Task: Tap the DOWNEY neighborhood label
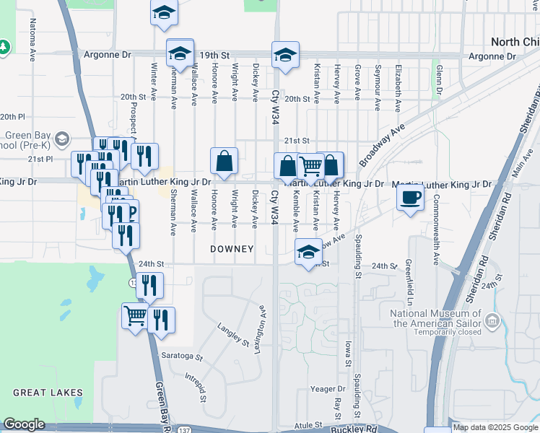click(232, 249)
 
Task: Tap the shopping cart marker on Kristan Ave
click(311, 165)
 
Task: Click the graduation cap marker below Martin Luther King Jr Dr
click(308, 253)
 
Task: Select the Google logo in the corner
click(24, 424)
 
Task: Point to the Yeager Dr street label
click(323, 389)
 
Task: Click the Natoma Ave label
click(33, 39)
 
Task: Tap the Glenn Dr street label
click(438, 81)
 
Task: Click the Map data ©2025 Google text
click(495, 427)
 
